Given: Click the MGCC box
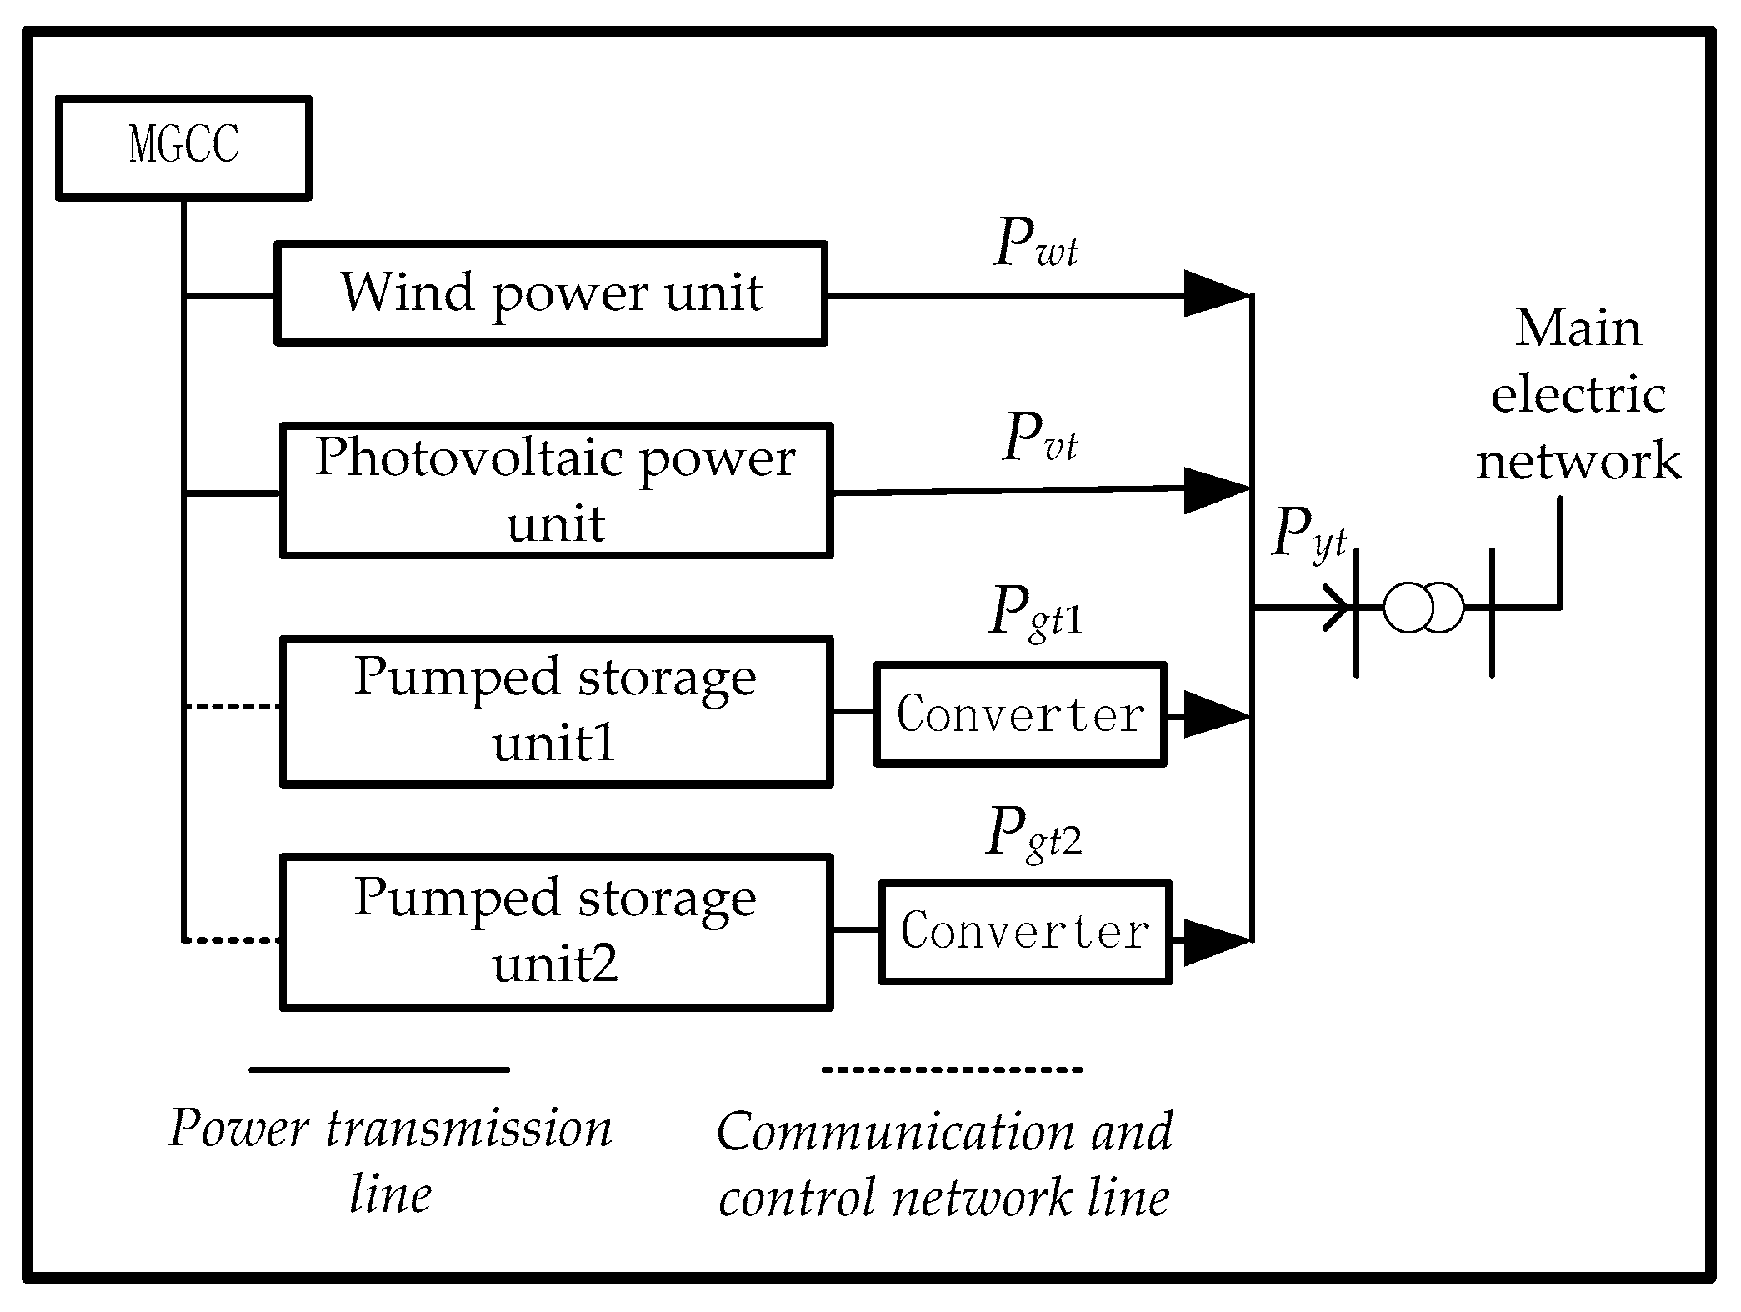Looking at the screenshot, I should pos(183,148).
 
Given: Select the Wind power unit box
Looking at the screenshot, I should pos(550,293).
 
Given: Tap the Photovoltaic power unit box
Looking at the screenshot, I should pos(556,490).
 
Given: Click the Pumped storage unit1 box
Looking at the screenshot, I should pos(556,711).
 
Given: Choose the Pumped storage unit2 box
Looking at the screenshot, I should pos(556,931).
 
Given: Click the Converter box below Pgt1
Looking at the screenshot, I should pos(1019,714).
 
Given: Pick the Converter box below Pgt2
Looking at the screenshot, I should pos(1025,931).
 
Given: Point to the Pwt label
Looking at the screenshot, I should pos(1036,243).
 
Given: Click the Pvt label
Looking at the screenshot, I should pos(1039,438).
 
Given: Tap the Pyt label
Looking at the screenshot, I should pos(1308,533).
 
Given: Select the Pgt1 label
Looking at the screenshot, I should pos(1036,613).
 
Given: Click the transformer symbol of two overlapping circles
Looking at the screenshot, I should pos(1423,607).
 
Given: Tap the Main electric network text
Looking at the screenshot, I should pos(1578,394).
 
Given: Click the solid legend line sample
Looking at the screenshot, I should pos(379,1069).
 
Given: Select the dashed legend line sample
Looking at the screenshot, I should pos(952,1069).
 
